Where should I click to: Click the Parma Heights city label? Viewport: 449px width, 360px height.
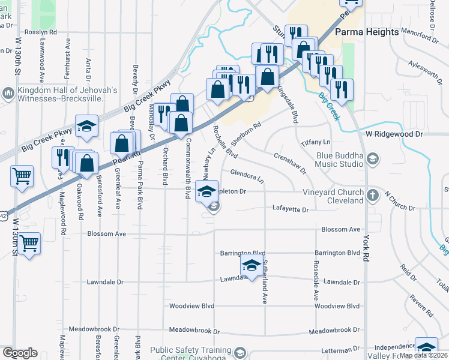[366, 31]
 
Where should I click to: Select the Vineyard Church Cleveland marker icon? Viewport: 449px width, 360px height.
[372, 194]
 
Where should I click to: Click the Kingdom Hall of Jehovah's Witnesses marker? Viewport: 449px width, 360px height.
[8, 93]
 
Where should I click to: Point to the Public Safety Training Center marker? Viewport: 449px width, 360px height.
[241, 352]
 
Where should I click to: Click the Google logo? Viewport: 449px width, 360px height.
[20, 353]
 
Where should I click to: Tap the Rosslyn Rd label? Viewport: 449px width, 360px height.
[41, 31]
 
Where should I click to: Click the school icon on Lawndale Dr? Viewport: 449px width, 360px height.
[252, 266]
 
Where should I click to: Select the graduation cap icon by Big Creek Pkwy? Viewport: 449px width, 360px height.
[87, 126]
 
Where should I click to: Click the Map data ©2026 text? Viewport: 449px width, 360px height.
[424, 355]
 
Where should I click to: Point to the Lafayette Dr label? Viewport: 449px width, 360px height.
[291, 210]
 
